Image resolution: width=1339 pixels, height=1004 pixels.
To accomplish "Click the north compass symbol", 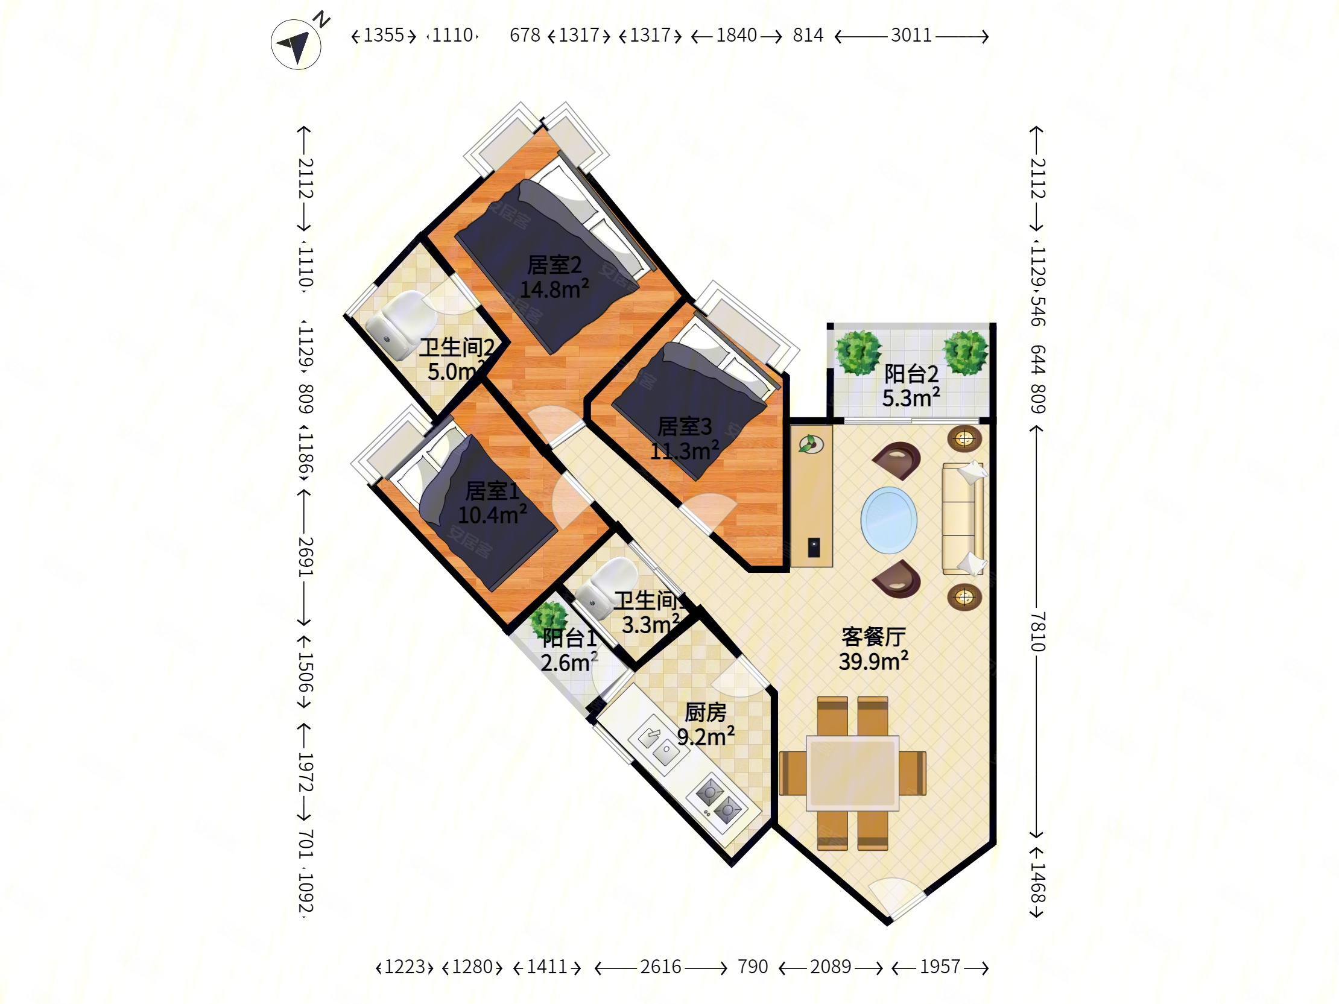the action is (296, 44).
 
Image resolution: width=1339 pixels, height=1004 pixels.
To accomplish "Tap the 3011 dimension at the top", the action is (911, 36).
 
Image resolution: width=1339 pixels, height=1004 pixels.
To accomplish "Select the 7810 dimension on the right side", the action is (1037, 631).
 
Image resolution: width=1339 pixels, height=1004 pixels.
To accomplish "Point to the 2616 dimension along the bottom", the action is (660, 967).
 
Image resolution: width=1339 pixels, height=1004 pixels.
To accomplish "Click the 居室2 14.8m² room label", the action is (554, 277).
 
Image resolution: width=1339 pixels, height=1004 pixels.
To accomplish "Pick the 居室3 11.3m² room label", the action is (685, 439).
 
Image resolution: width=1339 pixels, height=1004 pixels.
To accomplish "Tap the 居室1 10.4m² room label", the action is (492, 503).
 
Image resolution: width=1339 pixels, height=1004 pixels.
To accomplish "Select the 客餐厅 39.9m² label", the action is (873, 649).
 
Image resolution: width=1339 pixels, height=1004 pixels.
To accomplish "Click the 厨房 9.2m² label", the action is (706, 725).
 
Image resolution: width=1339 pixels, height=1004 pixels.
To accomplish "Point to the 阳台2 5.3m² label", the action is (911, 386).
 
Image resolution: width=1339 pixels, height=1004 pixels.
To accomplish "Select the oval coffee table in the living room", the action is (888, 520).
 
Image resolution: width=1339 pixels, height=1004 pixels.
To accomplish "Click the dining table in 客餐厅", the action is (852, 773).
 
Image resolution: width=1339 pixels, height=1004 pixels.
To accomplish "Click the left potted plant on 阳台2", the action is (858, 352).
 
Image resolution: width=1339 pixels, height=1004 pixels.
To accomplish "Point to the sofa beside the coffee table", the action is (963, 519).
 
